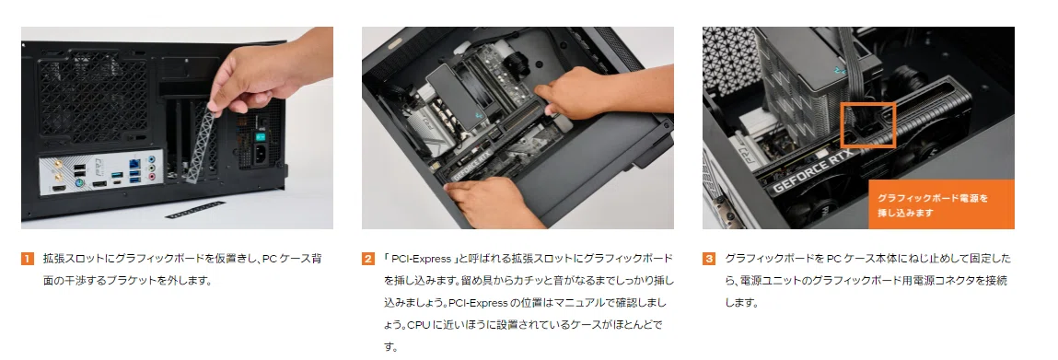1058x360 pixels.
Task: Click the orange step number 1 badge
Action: pyautogui.click(x=27, y=259)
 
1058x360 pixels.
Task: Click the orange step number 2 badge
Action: pyautogui.click(x=367, y=259)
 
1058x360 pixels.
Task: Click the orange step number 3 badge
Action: pyautogui.click(x=708, y=259)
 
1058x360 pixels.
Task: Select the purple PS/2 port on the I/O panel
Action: pyautogui.click(x=79, y=181)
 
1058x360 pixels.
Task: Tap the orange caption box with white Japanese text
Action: pyautogui.click(x=941, y=204)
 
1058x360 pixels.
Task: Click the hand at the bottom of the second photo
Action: pyautogui.click(x=493, y=203)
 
